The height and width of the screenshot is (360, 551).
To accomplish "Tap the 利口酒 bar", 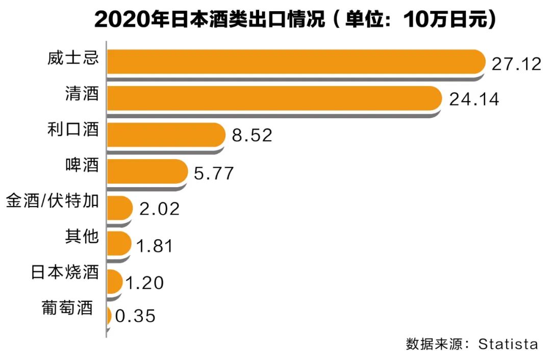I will (165, 135).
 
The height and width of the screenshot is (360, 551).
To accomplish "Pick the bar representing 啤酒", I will (147, 171).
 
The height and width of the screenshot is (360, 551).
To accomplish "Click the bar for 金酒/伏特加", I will (119, 207).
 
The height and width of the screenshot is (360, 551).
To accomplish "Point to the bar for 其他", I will (118, 244).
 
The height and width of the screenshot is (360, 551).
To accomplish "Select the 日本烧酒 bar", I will (114, 280).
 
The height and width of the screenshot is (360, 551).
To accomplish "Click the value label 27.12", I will (516, 64).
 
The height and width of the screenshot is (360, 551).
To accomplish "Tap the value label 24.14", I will (473, 100).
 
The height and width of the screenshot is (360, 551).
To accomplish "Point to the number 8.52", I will (252, 136).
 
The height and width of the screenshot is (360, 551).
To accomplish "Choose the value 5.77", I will (214, 173).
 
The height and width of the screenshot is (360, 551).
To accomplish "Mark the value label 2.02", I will (159, 209).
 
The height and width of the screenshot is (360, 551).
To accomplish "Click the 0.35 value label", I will (135, 316).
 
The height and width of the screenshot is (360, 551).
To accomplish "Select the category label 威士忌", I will (78, 57).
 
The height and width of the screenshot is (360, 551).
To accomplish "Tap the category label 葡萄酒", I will (68, 308).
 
